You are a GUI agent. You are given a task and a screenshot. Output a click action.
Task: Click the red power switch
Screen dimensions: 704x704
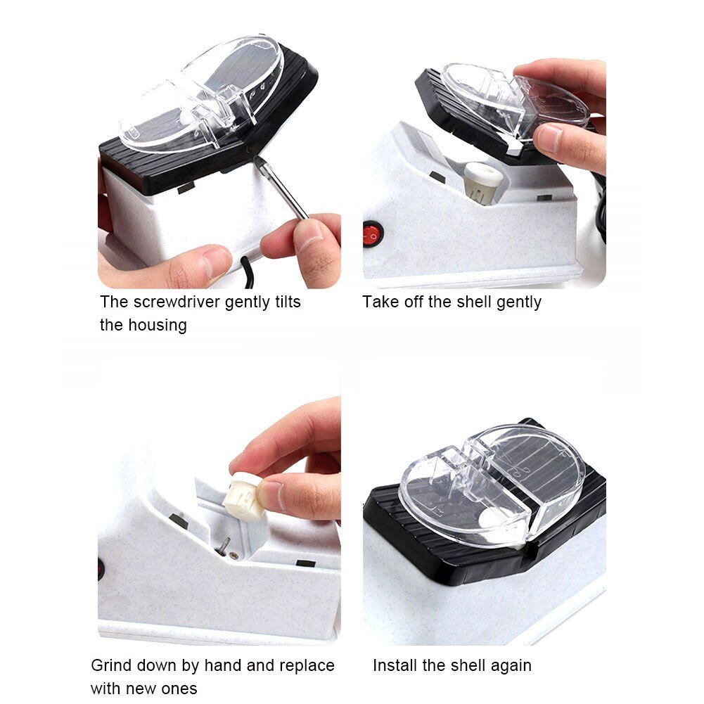(x=373, y=233)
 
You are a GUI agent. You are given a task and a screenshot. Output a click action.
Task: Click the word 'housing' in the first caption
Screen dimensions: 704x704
(x=158, y=326)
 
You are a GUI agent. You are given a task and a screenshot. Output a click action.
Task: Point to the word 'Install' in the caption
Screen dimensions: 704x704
(x=395, y=665)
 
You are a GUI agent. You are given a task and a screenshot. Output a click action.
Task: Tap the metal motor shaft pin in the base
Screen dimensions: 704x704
(x=223, y=546)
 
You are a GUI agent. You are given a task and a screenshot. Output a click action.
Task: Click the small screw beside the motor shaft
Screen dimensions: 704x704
(x=234, y=556)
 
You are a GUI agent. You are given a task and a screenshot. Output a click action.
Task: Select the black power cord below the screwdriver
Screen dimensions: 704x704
(x=248, y=271)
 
